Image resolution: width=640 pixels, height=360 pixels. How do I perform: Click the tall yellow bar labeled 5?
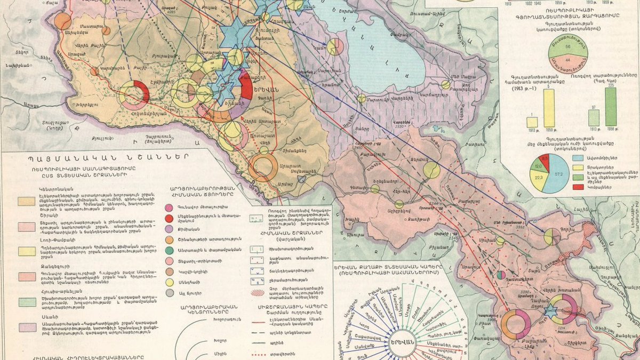click(x=548, y=108)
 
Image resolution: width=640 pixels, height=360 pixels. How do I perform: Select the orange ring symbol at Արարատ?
click(x=263, y=167)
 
